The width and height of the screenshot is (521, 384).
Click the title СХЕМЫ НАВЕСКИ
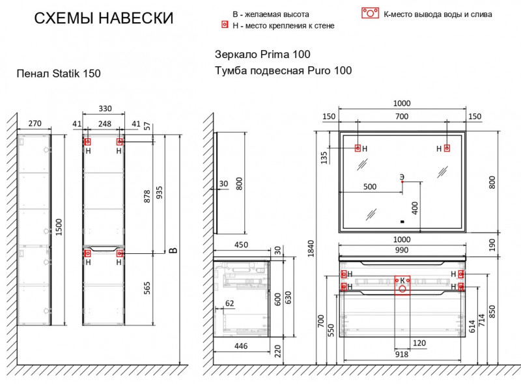[104, 18]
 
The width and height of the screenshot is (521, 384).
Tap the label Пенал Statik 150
[59, 74]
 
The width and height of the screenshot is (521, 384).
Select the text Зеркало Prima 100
[262, 55]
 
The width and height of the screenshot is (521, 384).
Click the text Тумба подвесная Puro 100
[283, 71]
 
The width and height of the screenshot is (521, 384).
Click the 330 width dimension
[104, 109]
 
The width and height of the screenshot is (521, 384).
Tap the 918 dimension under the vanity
[401, 354]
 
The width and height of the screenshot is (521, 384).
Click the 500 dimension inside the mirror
[369, 187]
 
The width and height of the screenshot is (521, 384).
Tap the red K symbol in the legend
[371, 14]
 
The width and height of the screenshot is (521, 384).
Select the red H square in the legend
[225, 25]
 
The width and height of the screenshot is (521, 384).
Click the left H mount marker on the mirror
[358, 148]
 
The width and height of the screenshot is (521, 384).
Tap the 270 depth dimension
[35, 123]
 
